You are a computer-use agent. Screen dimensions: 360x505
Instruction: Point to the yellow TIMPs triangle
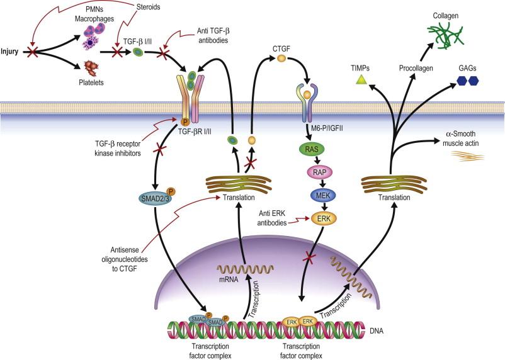361,79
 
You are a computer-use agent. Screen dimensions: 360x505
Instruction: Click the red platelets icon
92,67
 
